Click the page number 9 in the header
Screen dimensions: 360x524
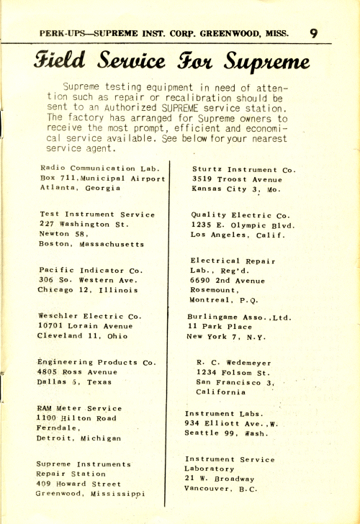pyautogui.click(x=315, y=32)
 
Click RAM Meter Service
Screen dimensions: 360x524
pyautogui.click(x=78, y=408)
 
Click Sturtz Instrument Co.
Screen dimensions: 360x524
pyautogui.click(x=243, y=168)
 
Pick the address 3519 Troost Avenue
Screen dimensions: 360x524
pyautogui.click(x=238, y=179)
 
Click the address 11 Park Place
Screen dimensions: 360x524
pyautogui.click(x=219, y=326)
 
